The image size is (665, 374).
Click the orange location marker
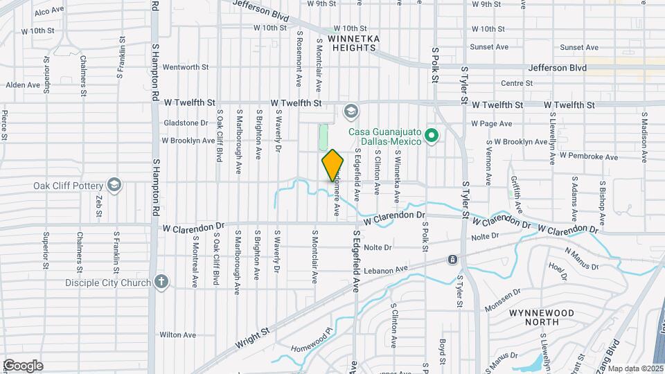(332, 166)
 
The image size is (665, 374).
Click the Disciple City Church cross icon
(161, 282)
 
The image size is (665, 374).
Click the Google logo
(23, 365)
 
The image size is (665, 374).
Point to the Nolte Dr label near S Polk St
(378, 247)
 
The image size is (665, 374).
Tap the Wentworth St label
(185, 67)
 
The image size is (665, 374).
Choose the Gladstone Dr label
(185, 123)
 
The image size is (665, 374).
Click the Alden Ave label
(23, 85)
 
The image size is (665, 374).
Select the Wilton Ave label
(175, 334)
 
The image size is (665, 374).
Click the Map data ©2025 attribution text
(635, 368)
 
